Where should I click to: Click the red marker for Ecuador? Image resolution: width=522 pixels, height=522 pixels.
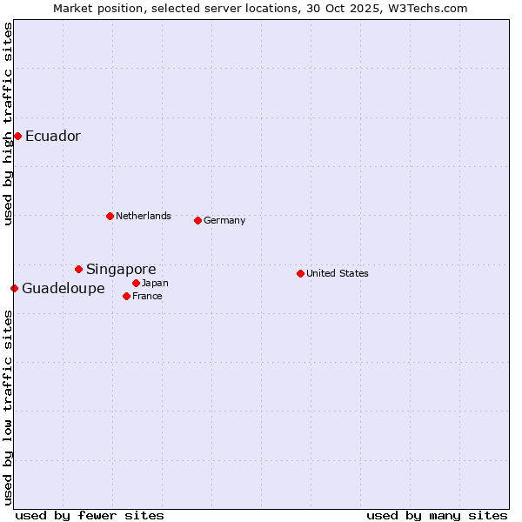point(17,136)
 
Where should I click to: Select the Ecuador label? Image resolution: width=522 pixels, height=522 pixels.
point(53,137)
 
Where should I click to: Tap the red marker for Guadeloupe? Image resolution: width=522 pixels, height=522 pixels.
point(14,288)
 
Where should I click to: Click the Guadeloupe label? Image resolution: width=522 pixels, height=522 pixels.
point(64,289)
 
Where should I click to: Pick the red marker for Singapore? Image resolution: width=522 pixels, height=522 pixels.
point(78,270)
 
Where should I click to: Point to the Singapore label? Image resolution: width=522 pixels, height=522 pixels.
point(121,270)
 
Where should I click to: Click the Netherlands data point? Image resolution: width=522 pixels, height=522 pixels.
point(110,216)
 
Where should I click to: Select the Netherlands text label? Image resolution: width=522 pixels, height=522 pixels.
point(144,216)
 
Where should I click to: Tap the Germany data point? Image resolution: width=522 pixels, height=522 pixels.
point(197,220)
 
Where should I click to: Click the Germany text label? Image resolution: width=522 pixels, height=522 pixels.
point(224,221)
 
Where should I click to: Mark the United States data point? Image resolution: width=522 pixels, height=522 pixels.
point(300,273)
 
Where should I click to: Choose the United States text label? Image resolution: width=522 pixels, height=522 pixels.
point(338,273)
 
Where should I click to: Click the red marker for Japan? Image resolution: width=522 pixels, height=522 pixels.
point(136,283)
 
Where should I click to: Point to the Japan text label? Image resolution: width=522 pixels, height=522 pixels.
point(156,284)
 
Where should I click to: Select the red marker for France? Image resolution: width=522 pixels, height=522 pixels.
point(126,296)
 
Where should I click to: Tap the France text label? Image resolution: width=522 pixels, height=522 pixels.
point(148,297)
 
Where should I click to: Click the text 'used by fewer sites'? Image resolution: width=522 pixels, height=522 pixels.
point(90,515)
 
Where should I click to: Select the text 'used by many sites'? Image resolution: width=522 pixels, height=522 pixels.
point(437,515)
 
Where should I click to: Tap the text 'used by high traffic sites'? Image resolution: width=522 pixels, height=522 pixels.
point(8,124)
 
